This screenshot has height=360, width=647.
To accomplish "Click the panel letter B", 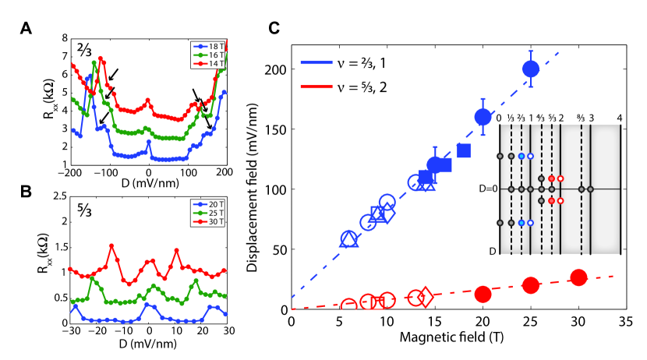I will coord(27,189).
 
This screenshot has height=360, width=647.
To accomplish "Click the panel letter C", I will coord(274,28).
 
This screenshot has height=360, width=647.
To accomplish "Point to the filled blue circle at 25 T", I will coord(531,69).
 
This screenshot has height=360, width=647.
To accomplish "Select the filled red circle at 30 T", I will coord(578,278).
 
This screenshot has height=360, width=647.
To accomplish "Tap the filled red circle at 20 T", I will coord(483,294).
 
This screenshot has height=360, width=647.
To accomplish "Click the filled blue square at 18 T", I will coord(464,150).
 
